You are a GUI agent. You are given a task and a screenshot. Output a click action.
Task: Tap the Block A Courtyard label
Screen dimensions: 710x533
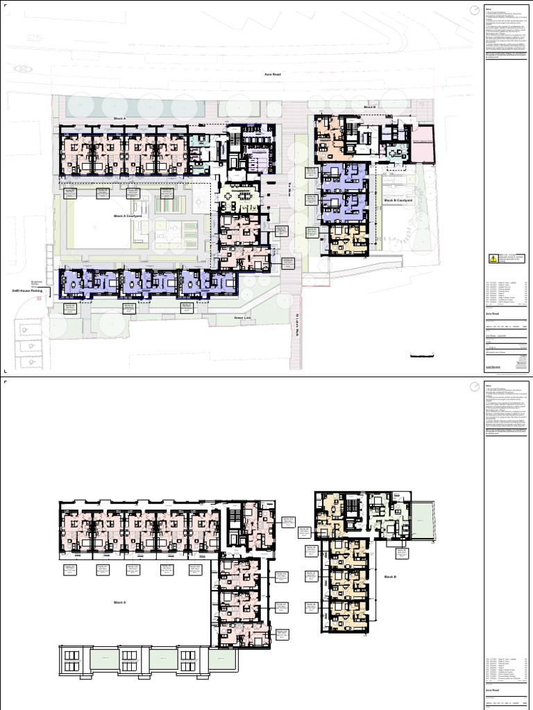128,216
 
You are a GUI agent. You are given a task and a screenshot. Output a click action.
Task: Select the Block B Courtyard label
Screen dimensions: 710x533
398,200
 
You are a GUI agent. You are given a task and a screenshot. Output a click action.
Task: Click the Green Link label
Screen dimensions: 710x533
242,318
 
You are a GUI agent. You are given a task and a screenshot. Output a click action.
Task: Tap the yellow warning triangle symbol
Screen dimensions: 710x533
493,259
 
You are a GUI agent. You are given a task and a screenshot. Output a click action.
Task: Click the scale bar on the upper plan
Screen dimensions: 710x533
422,356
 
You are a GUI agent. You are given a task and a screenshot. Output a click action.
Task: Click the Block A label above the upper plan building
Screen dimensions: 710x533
119,119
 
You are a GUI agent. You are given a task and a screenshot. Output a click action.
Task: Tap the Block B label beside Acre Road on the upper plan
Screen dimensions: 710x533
369,107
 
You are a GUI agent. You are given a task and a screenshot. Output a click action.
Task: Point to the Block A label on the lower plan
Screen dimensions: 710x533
119,603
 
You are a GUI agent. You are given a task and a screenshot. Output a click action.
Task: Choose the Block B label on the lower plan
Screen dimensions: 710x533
389,576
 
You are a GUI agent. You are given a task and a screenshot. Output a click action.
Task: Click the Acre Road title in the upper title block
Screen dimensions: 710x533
493,313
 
